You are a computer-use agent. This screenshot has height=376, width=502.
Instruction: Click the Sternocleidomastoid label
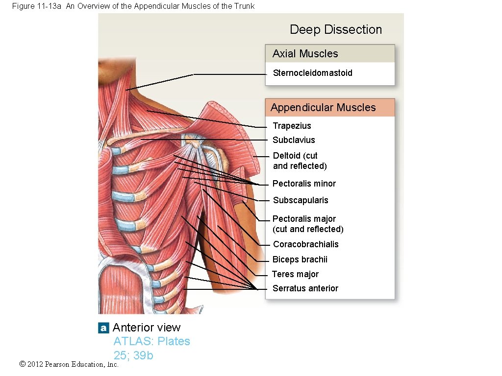[312, 73]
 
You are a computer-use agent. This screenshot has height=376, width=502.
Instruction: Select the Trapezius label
[292, 126]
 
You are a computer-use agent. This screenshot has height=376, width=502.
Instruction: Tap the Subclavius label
[294, 140]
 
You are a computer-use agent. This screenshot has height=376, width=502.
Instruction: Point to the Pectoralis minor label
[304, 184]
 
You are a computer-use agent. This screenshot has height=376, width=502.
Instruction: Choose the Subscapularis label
[301, 200]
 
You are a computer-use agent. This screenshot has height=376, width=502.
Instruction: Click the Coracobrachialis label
[305, 244]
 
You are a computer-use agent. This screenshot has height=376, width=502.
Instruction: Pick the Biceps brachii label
[300, 259]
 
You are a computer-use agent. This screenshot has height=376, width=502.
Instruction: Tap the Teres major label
[295, 274]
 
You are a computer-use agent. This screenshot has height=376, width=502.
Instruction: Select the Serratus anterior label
[305, 288]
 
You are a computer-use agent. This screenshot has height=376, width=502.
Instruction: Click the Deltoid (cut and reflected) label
[300, 161]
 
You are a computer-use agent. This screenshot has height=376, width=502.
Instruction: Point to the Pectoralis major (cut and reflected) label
[307, 224]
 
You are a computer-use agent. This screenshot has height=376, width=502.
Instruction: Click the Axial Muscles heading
[305, 54]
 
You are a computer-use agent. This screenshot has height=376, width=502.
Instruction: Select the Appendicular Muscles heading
[323, 108]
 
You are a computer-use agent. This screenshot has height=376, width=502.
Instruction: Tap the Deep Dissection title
[335, 29]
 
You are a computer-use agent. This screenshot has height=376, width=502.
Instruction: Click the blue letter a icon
[103, 328]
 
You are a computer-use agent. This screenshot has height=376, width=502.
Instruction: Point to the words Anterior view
[147, 328]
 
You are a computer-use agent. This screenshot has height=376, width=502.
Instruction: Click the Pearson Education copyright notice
[69, 364]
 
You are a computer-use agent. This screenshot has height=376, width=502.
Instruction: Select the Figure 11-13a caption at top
[132, 6]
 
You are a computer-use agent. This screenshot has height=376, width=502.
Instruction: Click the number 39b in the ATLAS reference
[143, 355]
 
